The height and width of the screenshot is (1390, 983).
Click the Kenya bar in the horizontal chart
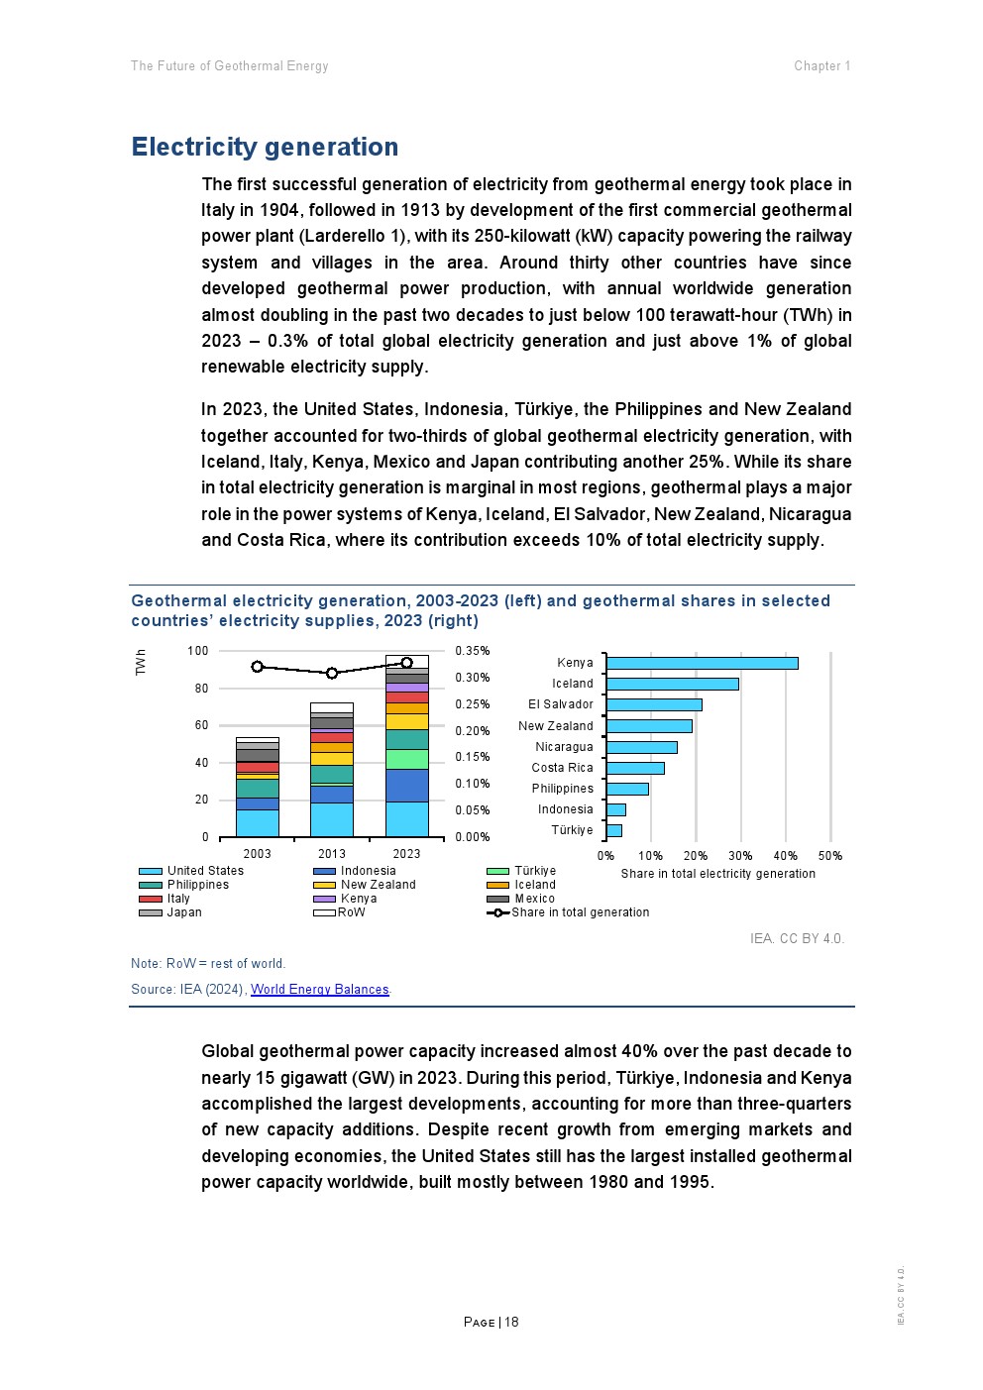pyautogui.click(x=702, y=663)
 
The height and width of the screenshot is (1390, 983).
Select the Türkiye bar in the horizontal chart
pyautogui.click(x=614, y=830)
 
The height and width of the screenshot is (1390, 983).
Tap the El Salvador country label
pyautogui.click(x=561, y=704)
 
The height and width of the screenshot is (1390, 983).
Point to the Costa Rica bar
pyautogui.click(x=635, y=768)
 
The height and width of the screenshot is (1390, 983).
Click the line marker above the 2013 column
pyautogui.click(x=332, y=673)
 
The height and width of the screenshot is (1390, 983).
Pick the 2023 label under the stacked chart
pyautogui.click(x=406, y=854)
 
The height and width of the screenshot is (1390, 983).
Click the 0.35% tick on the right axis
pyautogui.click(x=473, y=651)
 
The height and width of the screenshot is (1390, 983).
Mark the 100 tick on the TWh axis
pyautogui.click(x=198, y=651)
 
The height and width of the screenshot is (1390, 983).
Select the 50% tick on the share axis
pyautogui.click(x=830, y=856)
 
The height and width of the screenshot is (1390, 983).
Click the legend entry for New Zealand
pyautogui.click(x=378, y=885)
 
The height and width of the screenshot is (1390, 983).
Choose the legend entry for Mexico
pyautogui.click(x=534, y=899)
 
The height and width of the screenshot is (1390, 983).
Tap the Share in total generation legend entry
pyautogui.click(x=580, y=912)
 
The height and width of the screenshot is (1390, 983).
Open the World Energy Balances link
pyautogui.click(x=320, y=990)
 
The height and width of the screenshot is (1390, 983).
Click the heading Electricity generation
pyautogui.click(x=265, y=147)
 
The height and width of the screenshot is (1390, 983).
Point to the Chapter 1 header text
pyautogui.click(x=821, y=66)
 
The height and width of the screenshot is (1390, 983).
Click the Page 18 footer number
pyautogui.click(x=491, y=1322)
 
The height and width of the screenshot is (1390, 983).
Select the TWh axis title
pyautogui.click(x=141, y=663)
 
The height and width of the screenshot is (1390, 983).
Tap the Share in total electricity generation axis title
pyautogui.click(x=717, y=874)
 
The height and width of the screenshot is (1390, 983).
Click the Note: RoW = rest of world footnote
pyautogui.click(x=208, y=964)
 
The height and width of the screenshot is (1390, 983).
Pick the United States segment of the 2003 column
pyautogui.click(x=258, y=823)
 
